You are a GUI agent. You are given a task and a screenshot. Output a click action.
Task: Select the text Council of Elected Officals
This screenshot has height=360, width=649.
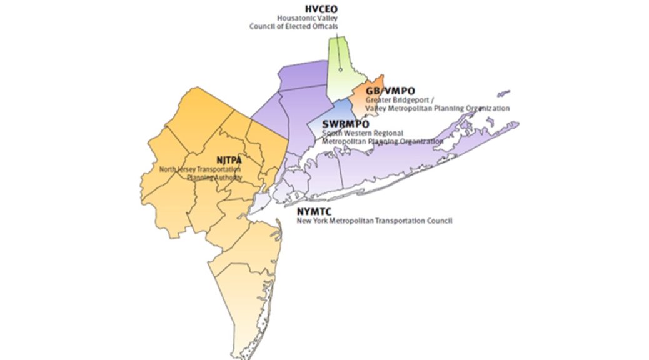[x=293, y=27]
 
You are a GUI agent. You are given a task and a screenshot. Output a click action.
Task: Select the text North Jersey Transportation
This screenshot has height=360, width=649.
[x=200, y=169]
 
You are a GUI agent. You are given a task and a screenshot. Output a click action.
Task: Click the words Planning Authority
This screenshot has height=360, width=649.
[x=214, y=177]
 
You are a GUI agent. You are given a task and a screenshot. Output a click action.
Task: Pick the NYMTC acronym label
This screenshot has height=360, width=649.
[x=314, y=212]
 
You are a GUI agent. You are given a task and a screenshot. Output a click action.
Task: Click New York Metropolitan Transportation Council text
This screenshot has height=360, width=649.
[x=374, y=221]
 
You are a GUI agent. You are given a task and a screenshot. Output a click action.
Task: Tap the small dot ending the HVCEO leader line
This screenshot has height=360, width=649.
[x=340, y=69]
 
